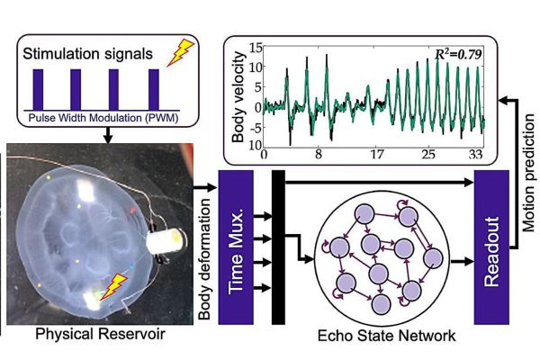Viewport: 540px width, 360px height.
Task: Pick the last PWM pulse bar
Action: (154, 89)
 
